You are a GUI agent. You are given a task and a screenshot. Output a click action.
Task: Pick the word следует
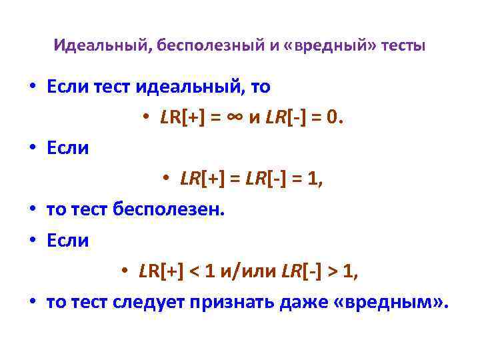149,302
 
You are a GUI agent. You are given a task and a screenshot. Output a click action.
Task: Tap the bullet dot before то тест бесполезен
31,210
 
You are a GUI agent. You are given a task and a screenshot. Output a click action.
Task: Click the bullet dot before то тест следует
31,303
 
